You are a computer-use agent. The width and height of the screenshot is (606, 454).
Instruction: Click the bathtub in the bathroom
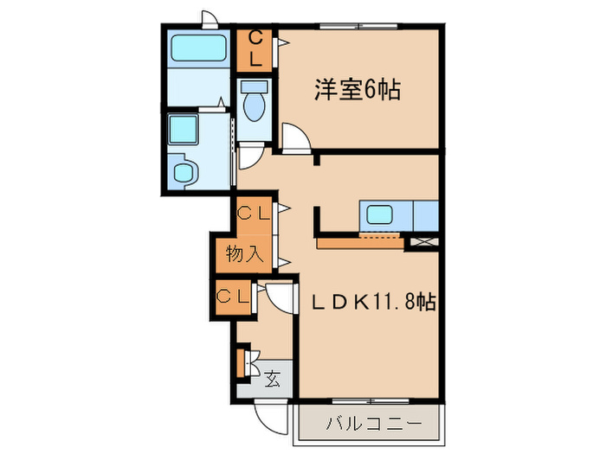tap(198, 48)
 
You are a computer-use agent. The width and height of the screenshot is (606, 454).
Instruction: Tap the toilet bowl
tap(254, 105)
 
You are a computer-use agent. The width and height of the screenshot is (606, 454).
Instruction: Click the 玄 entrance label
tap(272, 378)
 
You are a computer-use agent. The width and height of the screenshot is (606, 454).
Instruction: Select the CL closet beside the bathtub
tap(255, 49)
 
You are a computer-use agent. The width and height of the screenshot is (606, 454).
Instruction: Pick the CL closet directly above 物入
tap(252, 212)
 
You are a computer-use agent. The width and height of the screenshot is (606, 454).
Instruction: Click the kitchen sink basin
tap(382, 214)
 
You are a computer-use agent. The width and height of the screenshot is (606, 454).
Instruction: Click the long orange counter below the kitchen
tap(360, 244)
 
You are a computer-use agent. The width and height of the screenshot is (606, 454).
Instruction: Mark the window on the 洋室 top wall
tap(358, 27)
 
